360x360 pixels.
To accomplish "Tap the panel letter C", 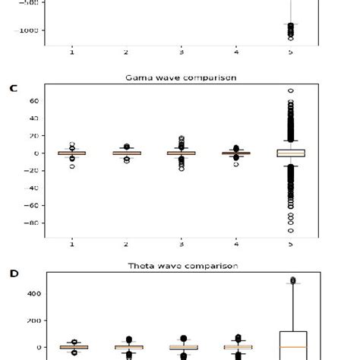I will [13, 88].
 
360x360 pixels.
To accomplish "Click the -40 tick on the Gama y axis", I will [31, 188].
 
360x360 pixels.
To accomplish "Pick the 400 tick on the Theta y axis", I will [31, 294].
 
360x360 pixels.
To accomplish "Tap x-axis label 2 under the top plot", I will [126, 52].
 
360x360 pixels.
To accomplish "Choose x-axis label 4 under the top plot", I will [236, 52].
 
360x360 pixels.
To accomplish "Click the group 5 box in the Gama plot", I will [290, 153].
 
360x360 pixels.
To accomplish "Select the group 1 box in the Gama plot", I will [71, 153].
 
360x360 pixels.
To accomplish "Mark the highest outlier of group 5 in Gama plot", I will [290, 91].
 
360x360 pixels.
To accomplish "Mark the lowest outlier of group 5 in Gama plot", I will [290, 230].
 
